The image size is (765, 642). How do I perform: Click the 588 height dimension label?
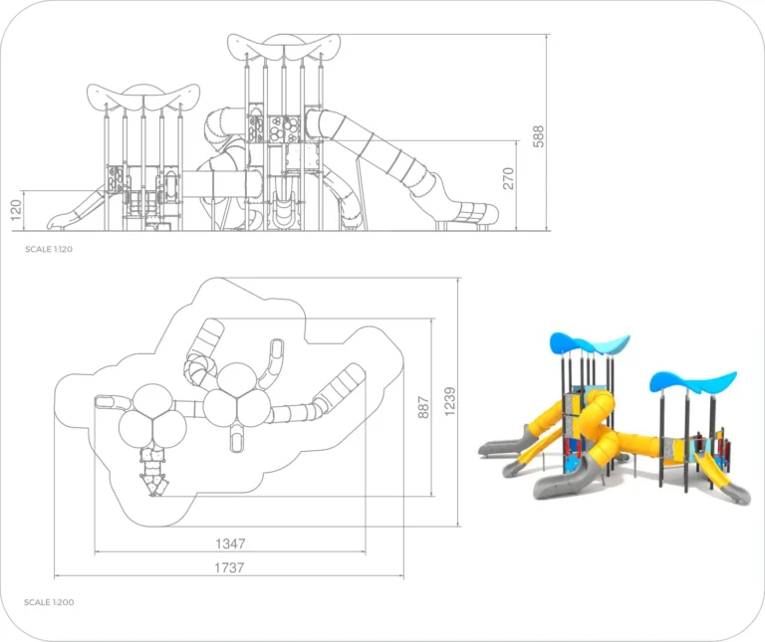pos(539,135)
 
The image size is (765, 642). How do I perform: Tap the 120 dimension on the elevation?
pos(14,210)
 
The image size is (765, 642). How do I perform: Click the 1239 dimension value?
pos(450,401)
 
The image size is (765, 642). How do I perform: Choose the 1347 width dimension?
pos(230,543)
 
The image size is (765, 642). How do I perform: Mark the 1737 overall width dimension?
pos(230,567)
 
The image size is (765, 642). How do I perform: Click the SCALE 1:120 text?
pos(49,249)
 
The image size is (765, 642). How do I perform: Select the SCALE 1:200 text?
pos(49,602)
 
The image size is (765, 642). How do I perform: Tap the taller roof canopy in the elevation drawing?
pos(284,46)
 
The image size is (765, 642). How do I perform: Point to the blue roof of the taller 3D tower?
pos(590,344)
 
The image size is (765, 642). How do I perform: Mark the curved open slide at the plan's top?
pos(271,358)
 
